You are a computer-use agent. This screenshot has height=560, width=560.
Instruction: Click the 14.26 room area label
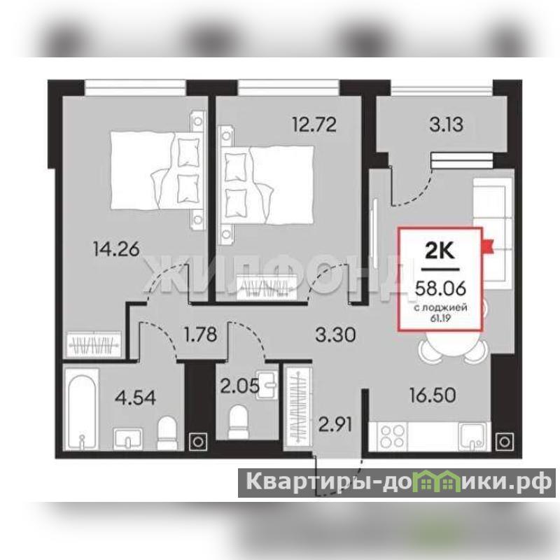[x=115, y=249]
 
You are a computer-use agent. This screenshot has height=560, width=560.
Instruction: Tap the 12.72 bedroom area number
[x=314, y=125]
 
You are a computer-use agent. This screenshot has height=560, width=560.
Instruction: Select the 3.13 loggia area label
[x=447, y=125]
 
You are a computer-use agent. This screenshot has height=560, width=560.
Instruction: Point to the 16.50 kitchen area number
[x=433, y=395]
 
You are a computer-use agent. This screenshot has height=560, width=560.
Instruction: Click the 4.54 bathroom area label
[x=135, y=398]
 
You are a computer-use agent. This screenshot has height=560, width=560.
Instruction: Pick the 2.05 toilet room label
[x=239, y=386]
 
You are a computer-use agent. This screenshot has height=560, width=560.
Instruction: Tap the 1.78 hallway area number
[x=201, y=335]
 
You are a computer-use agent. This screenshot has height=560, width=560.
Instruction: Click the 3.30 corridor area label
[x=336, y=335]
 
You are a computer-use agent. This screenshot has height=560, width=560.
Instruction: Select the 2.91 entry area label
[x=335, y=425]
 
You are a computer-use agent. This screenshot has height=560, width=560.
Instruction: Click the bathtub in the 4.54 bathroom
[x=82, y=409]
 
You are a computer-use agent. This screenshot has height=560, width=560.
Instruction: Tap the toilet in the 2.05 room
[x=238, y=422]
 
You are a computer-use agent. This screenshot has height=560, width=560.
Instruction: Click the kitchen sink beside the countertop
[x=472, y=435]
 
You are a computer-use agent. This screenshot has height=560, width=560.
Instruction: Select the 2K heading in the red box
[x=440, y=251]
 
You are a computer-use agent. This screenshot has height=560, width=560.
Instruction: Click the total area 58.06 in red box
[x=440, y=288]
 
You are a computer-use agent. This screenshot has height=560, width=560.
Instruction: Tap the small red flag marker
[x=487, y=246]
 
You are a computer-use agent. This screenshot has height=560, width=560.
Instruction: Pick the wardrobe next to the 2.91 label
[x=298, y=407]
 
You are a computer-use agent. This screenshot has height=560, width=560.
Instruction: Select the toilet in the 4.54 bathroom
[x=167, y=433]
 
